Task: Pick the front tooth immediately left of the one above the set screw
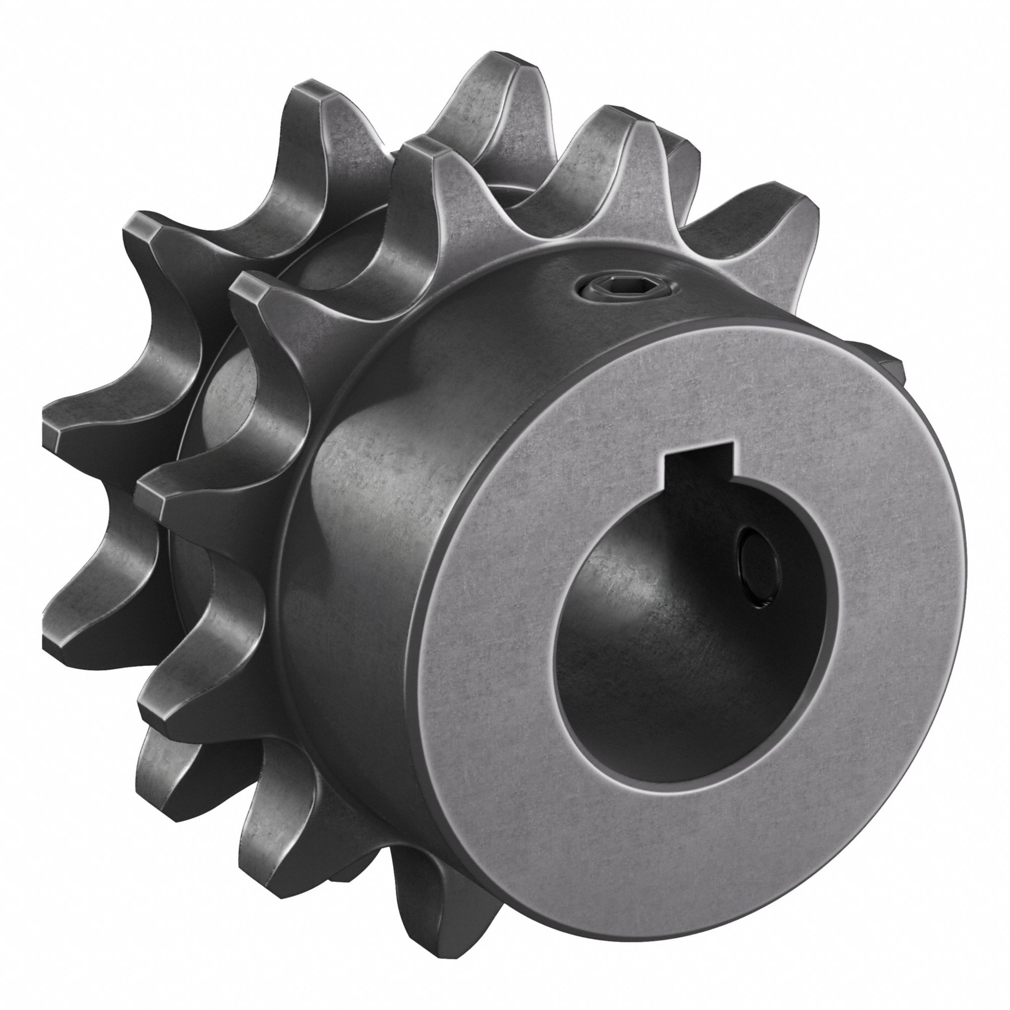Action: [424, 157]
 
